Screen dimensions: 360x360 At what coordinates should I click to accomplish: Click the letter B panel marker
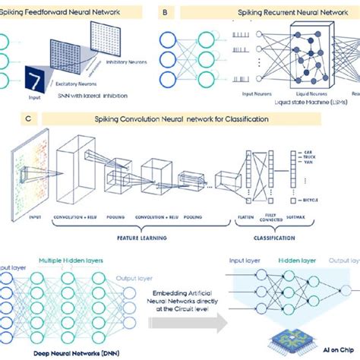point(166,13)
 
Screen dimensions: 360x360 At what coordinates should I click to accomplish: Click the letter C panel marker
point(28,118)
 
